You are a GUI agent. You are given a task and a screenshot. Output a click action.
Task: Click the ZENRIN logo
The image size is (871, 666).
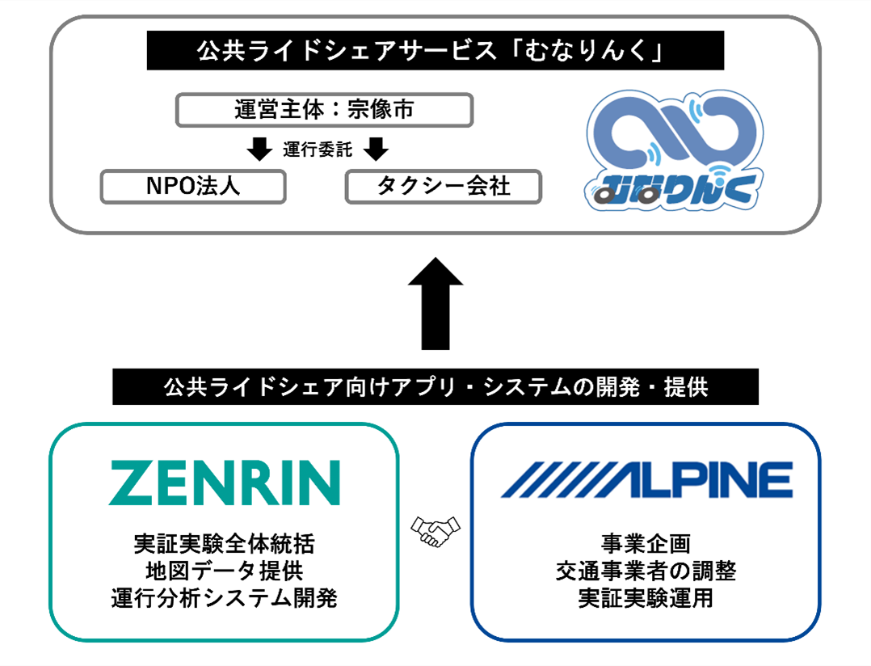[225, 483]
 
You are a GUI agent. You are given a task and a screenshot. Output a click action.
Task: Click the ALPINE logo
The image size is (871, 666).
[646, 480]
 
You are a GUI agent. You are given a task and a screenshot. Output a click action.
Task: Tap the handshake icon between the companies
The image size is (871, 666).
[435, 531]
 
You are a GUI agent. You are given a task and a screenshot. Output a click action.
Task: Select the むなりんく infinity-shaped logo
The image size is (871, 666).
[675, 150]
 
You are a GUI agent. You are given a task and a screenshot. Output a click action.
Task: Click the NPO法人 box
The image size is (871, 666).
[193, 187]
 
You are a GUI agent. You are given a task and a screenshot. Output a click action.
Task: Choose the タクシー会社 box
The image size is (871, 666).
[444, 187]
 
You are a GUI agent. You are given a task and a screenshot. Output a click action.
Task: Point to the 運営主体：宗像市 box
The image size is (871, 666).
[325, 110]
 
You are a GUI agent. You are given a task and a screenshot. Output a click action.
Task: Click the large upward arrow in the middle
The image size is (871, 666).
[435, 303]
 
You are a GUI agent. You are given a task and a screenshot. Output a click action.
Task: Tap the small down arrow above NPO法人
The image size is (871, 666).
[259, 149]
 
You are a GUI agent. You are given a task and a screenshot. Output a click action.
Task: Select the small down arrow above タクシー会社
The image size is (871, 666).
[376, 149]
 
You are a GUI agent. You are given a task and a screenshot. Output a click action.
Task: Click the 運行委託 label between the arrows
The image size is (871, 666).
[318, 150]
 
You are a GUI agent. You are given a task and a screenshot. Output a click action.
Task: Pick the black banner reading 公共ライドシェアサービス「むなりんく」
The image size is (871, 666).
[435, 51]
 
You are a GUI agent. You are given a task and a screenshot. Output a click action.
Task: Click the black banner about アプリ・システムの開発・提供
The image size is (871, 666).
[435, 386]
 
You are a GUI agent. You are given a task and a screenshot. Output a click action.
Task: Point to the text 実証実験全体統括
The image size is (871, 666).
[225, 544]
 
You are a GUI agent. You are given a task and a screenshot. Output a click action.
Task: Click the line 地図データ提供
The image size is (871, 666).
[225, 571]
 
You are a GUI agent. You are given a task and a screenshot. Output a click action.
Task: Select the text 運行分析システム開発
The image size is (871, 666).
[225, 598]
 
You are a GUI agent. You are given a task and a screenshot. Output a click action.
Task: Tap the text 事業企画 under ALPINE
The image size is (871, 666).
[646, 544]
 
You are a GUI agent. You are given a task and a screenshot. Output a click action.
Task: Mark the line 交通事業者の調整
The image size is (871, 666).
[646, 571]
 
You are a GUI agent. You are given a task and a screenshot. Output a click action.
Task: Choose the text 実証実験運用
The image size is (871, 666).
[646, 598]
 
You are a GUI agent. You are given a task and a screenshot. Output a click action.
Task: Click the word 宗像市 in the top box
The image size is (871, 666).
[381, 109]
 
